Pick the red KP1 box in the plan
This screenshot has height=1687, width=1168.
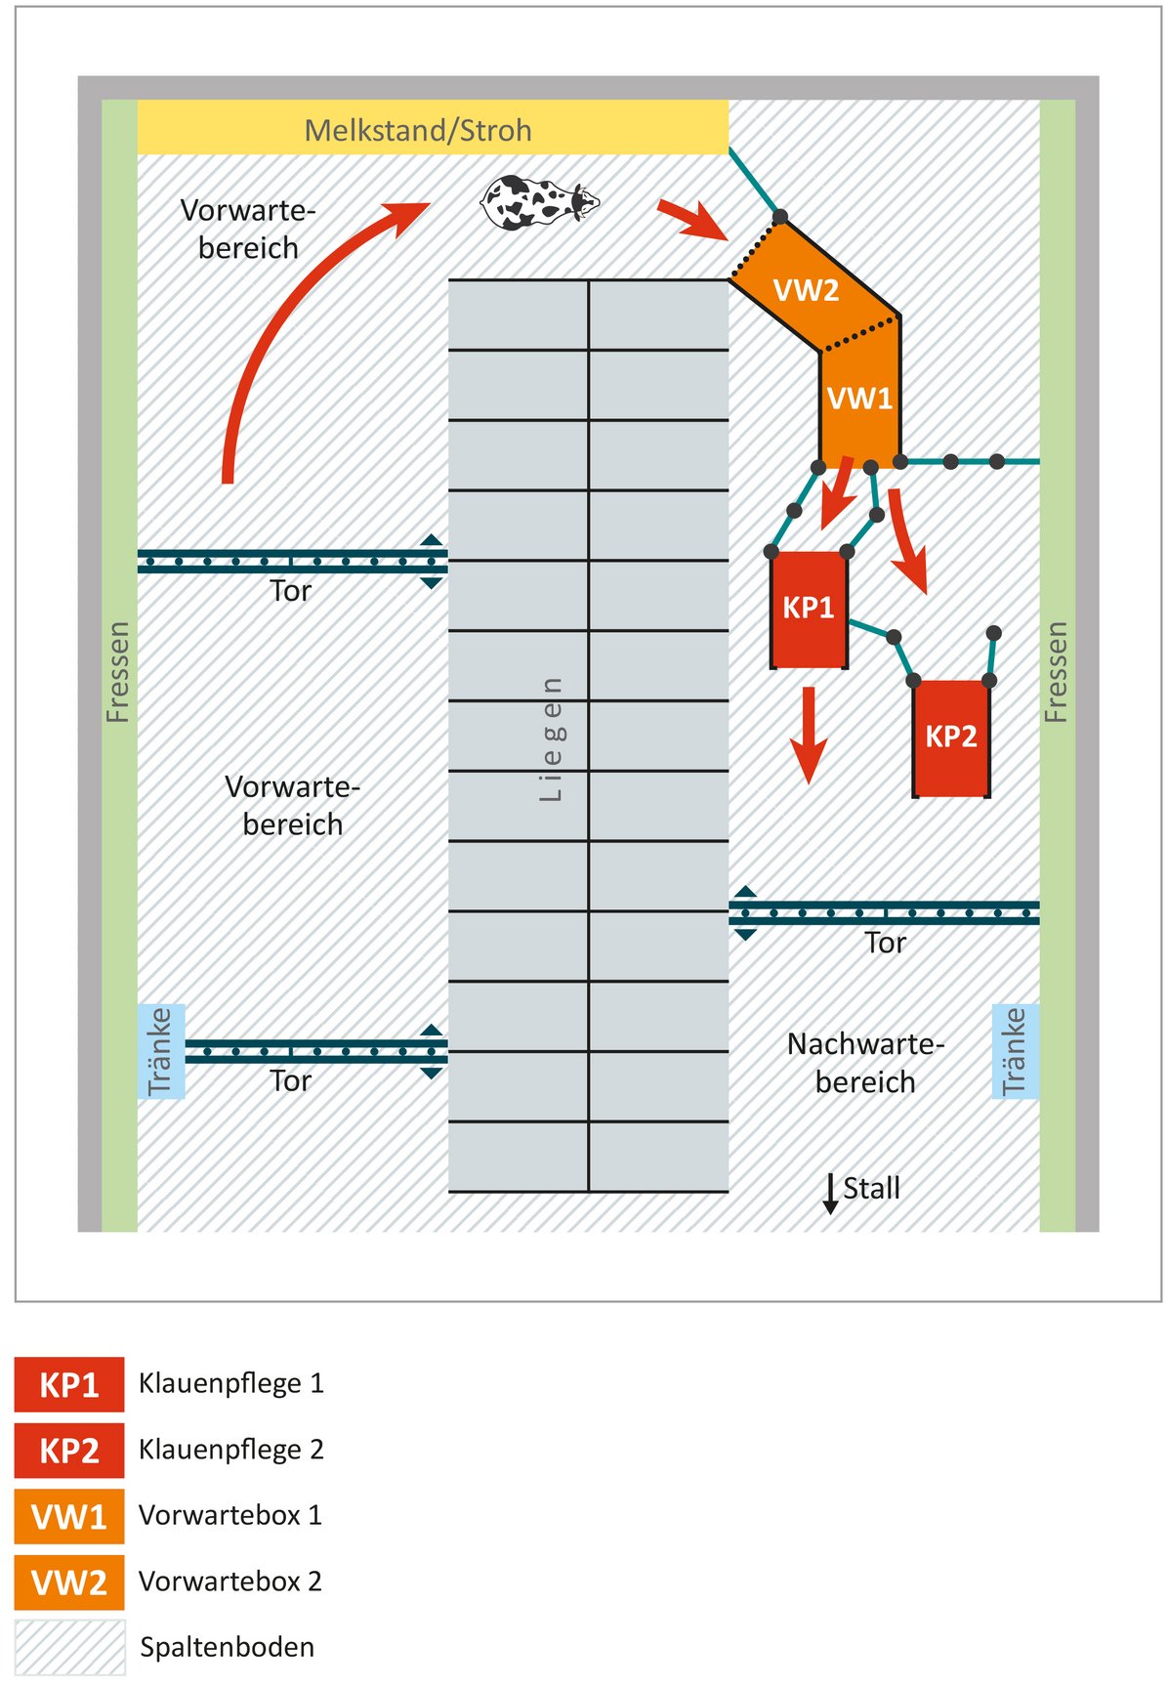click(809, 609)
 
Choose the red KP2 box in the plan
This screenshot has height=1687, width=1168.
click(951, 737)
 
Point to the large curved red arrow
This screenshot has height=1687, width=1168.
click(293, 322)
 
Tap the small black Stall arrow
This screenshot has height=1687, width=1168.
click(830, 1194)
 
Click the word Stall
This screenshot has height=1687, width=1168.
click(871, 1189)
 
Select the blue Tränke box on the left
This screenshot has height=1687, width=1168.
click(161, 1051)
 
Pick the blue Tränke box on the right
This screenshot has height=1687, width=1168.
click(1016, 1051)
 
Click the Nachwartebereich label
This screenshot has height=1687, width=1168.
click(865, 1063)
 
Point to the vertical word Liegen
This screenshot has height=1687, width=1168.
click(552, 739)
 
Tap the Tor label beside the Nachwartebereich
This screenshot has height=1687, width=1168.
click(885, 943)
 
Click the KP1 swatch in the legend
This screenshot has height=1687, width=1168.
click(69, 1384)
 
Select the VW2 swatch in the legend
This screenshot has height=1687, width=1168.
click(69, 1582)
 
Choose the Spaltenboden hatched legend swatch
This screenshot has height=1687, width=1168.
click(69, 1647)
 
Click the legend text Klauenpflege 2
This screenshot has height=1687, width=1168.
click(230, 1450)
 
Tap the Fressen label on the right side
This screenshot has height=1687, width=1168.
click(1057, 672)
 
